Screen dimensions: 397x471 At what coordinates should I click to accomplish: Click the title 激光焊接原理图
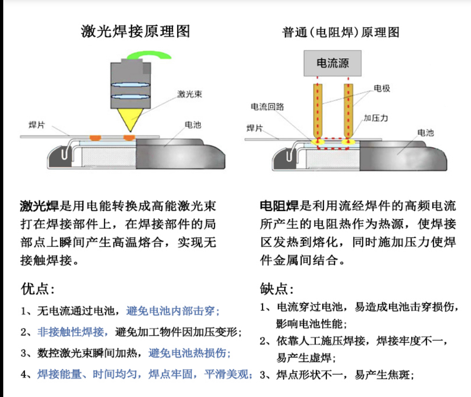135,31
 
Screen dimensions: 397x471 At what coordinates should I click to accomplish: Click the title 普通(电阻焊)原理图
341,32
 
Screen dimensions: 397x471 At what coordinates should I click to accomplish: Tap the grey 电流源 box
333,63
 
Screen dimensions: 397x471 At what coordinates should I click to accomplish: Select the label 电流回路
267,107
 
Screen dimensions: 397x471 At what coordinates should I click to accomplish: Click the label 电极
382,88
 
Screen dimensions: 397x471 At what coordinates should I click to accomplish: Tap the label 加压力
376,117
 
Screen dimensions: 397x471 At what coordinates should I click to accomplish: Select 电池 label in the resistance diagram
425,133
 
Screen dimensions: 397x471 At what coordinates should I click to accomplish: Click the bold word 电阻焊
280,205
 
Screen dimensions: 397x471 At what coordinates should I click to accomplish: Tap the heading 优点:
38,289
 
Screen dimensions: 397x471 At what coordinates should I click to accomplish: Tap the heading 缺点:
277,289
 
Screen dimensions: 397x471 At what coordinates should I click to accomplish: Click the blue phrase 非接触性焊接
73,332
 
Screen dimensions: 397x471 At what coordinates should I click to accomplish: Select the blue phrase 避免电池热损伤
190,353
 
